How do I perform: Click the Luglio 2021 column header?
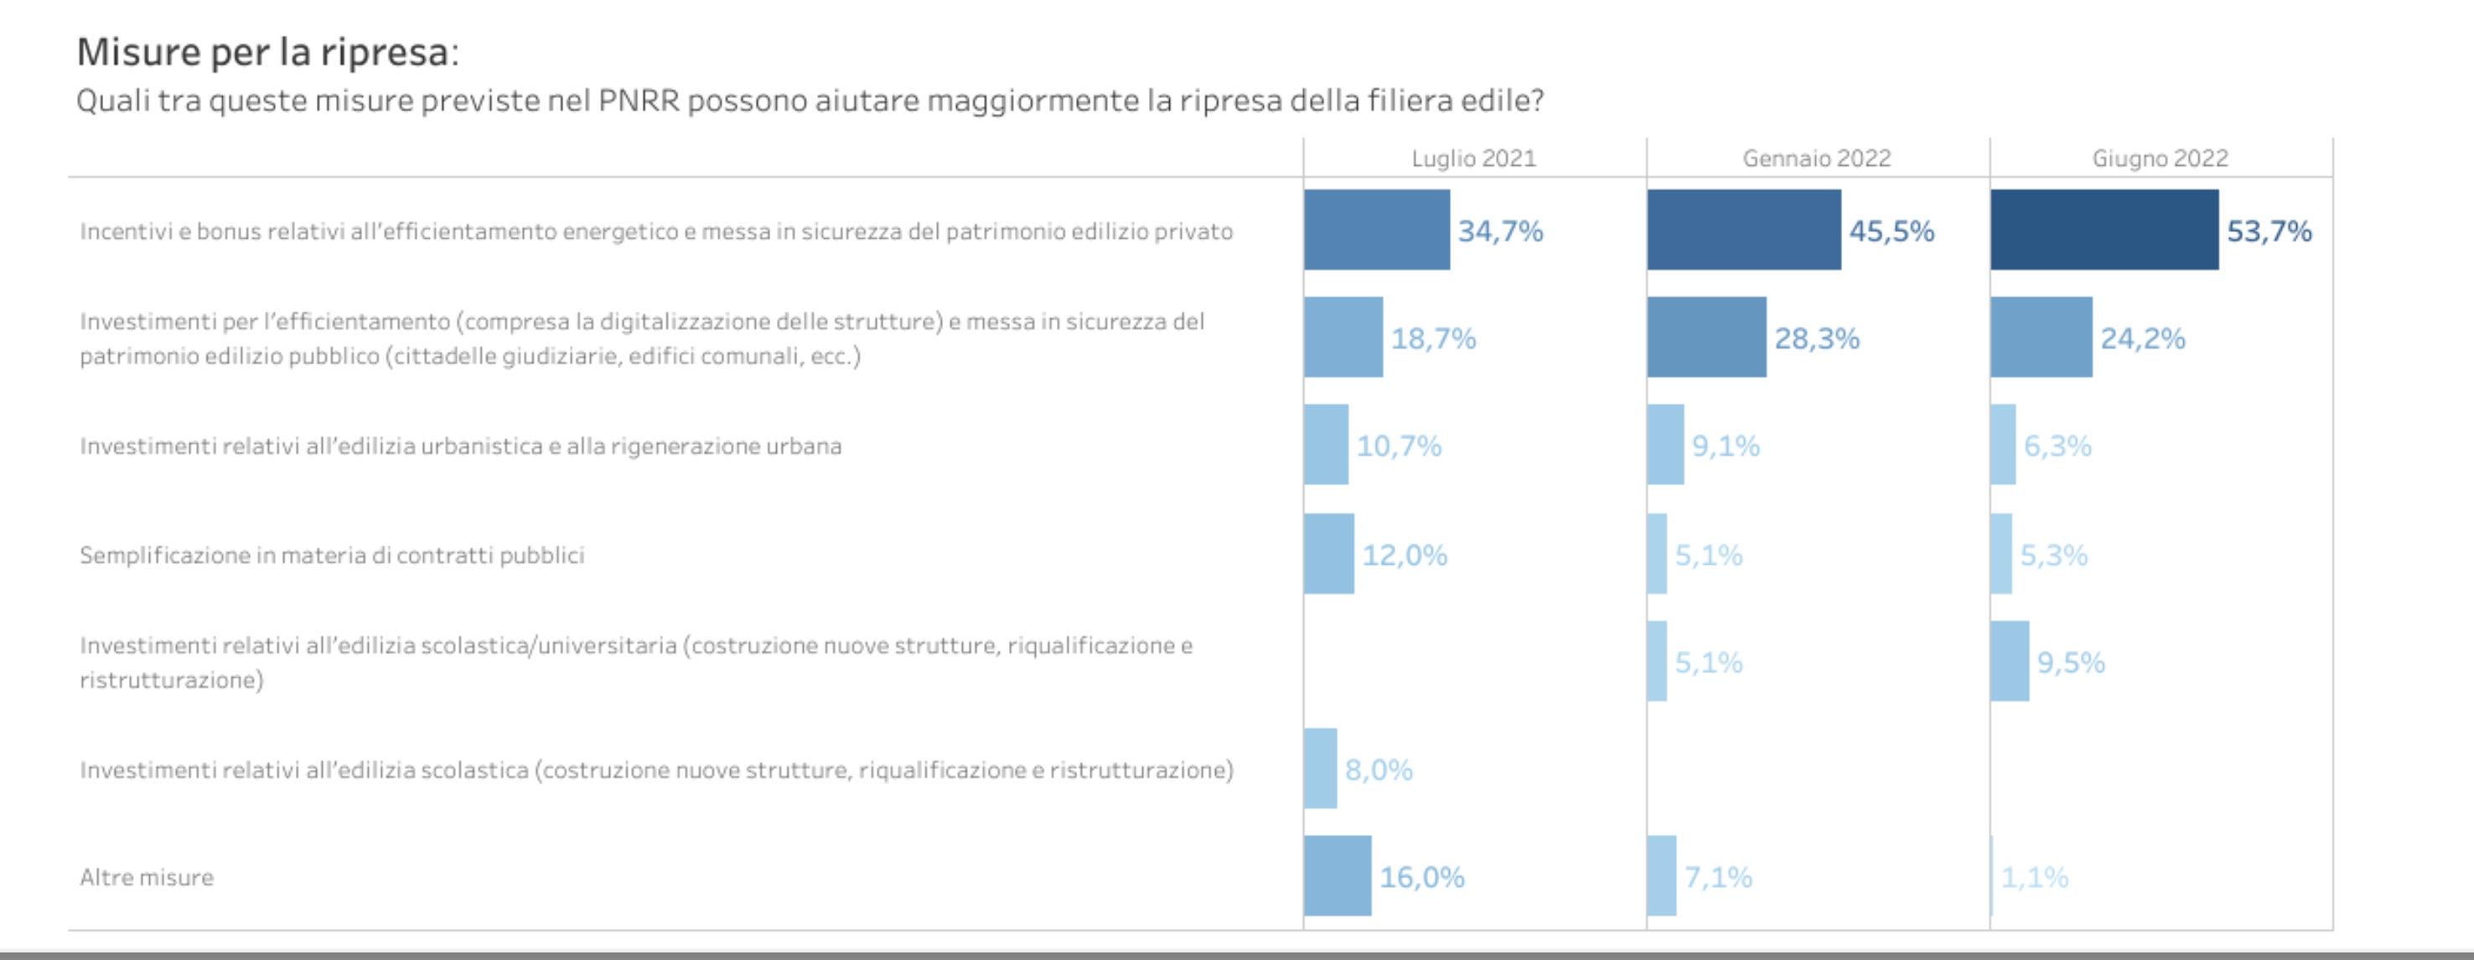[1473, 158]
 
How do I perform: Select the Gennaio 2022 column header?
[1816, 158]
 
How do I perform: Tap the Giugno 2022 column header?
[2160, 158]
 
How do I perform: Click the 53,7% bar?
[2104, 230]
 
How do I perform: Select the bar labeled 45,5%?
[1744, 230]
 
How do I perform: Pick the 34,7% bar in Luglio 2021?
[1376, 230]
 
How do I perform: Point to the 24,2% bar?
[2041, 337]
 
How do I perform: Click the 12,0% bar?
[1329, 554]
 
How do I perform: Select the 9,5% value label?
[2071, 663]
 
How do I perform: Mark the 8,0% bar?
[1321, 768]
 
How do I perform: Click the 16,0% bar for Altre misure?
[1338, 875]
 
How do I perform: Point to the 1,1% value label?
[2034, 877]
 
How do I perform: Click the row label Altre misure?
[147, 877]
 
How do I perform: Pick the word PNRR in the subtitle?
[638, 101]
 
